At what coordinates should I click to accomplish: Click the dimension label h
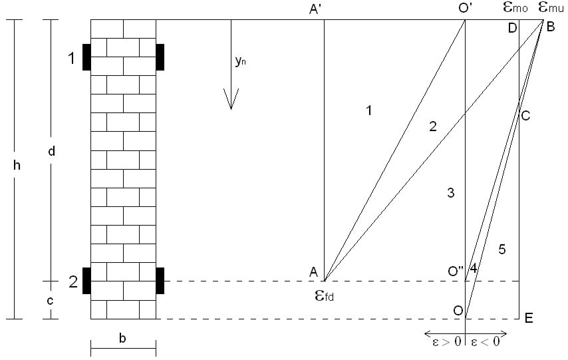[x=18, y=166]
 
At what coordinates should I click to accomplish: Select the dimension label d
[x=52, y=151]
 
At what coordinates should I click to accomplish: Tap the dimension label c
[x=51, y=300]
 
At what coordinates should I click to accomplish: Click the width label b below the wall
[x=122, y=338]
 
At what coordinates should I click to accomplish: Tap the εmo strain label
[x=518, y=9]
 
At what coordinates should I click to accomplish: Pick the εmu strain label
[x=551, y=9]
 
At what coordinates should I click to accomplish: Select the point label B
[x=551, y=27]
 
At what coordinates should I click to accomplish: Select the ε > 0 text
[x=444, y=343]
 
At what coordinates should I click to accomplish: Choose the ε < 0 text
[x=485, y=343]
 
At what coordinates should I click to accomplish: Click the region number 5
[x=502, y=250]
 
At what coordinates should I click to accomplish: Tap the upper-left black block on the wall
[x=86, y=57]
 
